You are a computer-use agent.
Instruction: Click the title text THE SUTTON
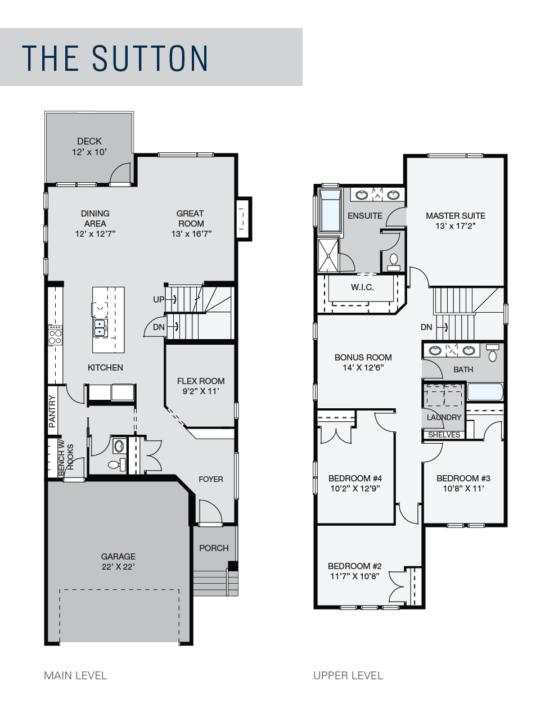click(115, 58)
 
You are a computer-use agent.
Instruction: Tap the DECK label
click(89, 141)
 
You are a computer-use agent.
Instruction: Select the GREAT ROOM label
click(191, 218)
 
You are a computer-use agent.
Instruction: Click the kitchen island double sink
click(100, 327)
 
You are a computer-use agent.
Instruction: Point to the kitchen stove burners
click(55, 335)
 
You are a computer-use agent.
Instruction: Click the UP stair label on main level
click(159, 299)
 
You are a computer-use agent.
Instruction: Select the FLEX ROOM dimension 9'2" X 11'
click(201, 391)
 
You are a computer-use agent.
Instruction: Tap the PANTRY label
click(52, 412)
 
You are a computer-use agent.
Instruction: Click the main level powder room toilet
click(117, 465)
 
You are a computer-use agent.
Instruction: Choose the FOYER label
click(210, 479)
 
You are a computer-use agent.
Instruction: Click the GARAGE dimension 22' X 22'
click(118, 566)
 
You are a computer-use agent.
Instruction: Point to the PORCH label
click(214, 548)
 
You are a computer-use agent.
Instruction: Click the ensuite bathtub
click(330, 210)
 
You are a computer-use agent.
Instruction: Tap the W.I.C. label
click(362, 287)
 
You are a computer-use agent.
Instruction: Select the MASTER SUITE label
click(456, 215)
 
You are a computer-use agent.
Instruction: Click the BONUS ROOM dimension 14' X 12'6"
click(363, 368)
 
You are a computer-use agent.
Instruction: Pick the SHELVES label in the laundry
click(444, 435)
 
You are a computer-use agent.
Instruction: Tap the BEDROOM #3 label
click(463, 478)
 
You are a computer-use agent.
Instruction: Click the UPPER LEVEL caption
click(348, 675)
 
